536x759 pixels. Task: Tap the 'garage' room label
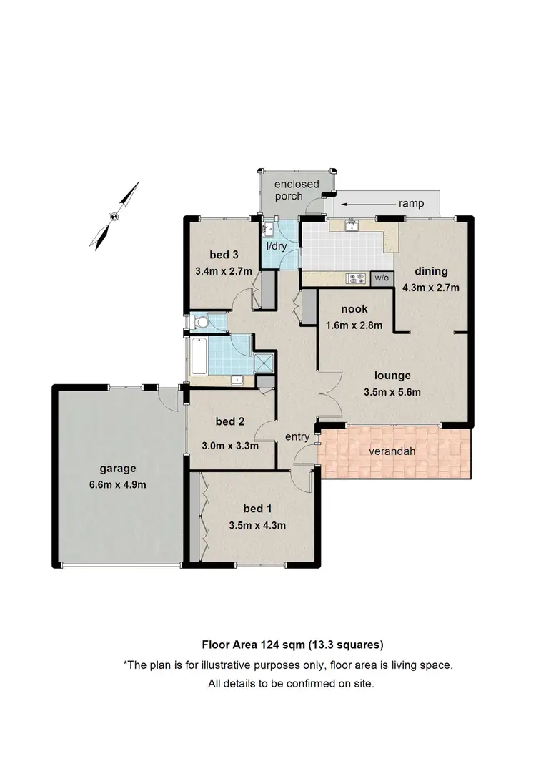click(118, 469)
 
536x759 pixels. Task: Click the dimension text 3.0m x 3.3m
click(231, 445)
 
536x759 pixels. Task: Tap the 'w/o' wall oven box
click(382, 278)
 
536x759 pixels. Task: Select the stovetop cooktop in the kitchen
click(357, 278)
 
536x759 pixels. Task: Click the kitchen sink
click(352, 226)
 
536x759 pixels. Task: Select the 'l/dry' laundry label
click(277, 246)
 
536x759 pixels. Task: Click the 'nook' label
click(354, 309)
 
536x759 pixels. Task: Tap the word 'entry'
click(297, 436)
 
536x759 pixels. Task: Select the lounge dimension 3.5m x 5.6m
click(392, 391)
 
